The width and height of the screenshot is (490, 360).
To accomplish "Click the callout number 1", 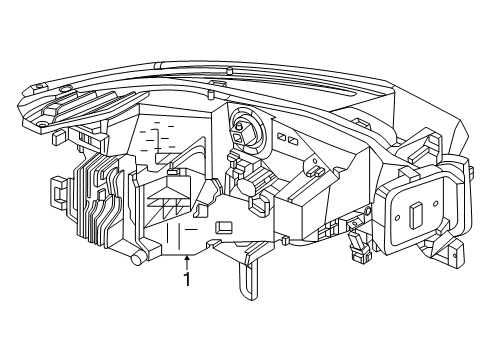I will point(186,280).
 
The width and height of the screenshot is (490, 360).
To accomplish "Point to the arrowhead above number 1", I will point(186,257).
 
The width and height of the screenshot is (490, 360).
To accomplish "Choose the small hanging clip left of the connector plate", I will point(355,241).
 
